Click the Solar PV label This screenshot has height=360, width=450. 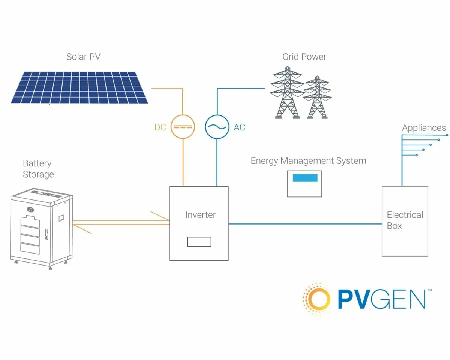pyautogui.click(x=83, y=57)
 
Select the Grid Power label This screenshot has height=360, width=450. pyautogui.click(x=304, y=57)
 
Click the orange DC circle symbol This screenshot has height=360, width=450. pyautogui.click(x=183, y=127)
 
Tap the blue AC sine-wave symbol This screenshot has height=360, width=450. pyautogui.click(x=217, y=127)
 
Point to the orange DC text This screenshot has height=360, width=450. pyautogui.click(x=160, y=127)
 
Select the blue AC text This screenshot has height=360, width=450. pyautogui.click(x=239, y=127)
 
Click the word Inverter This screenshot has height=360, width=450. pyautogui.click(x=201, y=215)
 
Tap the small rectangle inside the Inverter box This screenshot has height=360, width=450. pyautogui.click(x=199, y=242)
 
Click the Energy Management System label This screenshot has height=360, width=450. pyautogui.click(x=308, y=161)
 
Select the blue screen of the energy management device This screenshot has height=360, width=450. pyautogui.click(x=305, y=178)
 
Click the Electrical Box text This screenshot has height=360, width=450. pyautogui.click(x=405, y=220)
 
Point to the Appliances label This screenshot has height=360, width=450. pyautogui.click(x=424, y=128)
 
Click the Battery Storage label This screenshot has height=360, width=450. pyautogui.click(x=38, y=169)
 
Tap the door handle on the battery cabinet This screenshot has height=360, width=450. pyautogui.click(x=46, y=234)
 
